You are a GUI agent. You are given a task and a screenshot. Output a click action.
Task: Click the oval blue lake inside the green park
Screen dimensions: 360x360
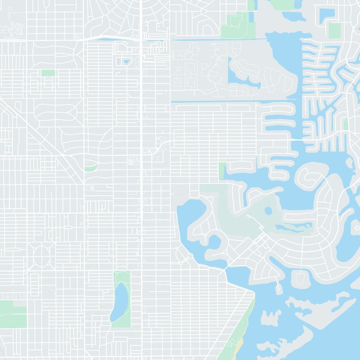point(120,300)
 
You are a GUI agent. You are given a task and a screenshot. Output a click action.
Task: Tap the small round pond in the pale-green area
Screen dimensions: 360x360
point(269,211)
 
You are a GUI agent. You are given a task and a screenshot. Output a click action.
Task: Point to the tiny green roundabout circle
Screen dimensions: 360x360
point(190,256)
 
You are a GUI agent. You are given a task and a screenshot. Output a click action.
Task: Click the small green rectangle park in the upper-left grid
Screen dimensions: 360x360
point(48,72)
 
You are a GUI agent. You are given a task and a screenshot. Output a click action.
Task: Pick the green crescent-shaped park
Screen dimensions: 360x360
point(91,167)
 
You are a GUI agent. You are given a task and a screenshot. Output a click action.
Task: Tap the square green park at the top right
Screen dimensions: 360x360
point(334,30)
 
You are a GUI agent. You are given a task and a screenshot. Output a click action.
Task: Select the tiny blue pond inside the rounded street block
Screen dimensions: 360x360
point(126,61)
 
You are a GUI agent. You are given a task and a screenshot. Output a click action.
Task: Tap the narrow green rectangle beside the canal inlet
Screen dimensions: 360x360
point(222,171)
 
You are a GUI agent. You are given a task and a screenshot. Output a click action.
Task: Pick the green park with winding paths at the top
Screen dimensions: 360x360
point(235,26)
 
